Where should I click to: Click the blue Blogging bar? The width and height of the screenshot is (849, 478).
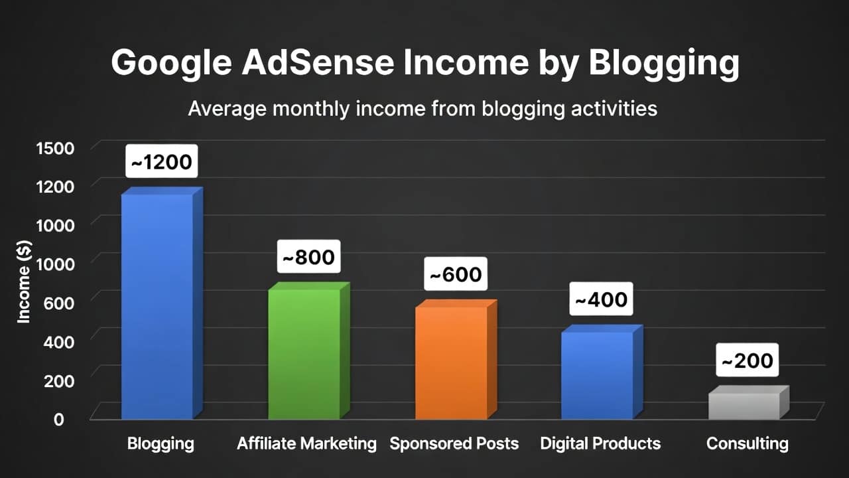click(157, 305)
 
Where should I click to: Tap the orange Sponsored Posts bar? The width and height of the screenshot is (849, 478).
click(451, 362)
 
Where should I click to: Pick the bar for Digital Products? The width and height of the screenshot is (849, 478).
click(597, 374)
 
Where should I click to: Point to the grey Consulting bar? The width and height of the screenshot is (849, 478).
click(744, 405)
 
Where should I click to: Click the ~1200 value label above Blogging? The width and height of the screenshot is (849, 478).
click(161, 161)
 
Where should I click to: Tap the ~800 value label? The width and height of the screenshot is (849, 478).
click(309, 256)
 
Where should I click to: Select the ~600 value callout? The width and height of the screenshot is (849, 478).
click(456, 274)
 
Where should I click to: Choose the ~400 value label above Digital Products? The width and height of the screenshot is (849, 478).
click(601, 299)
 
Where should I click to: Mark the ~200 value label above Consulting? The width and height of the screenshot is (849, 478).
click(748, 360)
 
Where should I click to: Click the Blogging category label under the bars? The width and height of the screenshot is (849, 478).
click(161, 443)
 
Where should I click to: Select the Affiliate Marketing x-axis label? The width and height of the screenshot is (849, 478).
click(306, 443)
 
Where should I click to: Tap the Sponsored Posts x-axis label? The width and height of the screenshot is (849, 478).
click(454, 443)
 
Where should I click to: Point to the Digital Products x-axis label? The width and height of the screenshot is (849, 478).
click(600, 443)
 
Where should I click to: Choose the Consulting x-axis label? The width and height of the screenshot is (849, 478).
click(748, 443)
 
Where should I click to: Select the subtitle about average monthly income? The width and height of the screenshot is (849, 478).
click(423, 108)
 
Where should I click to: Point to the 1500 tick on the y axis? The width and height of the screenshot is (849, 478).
click(55, 147)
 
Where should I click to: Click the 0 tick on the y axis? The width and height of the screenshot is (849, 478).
click(59, 420)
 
